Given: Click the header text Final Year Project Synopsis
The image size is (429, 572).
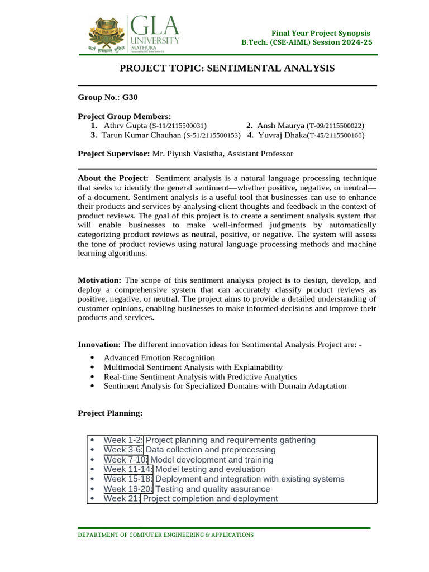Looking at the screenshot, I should click(x=321, y=34).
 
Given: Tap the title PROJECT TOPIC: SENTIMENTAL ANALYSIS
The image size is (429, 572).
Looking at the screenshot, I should click(x=228, y=68).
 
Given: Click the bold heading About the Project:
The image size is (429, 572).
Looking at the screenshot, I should click(x=113, y=178).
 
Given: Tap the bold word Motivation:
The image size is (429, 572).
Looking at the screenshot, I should click(x=99, y=280).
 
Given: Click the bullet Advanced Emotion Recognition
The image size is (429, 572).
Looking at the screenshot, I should click(x=159, y=357).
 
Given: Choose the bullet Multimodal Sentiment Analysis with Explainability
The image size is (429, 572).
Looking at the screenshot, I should click(x=193, y=367).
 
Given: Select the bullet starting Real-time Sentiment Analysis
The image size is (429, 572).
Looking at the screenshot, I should click(x=200, y=376).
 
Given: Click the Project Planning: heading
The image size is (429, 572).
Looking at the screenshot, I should click(x=110, y=413).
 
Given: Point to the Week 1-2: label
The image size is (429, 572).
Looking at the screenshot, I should click(x=123, y=440).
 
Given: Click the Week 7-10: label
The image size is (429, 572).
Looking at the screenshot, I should click(x=126, y=460).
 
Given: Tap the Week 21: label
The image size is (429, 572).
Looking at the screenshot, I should click(x=122, y=498).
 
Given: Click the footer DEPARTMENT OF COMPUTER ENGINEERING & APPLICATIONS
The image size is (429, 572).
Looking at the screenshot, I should click(x=165, y=535).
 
